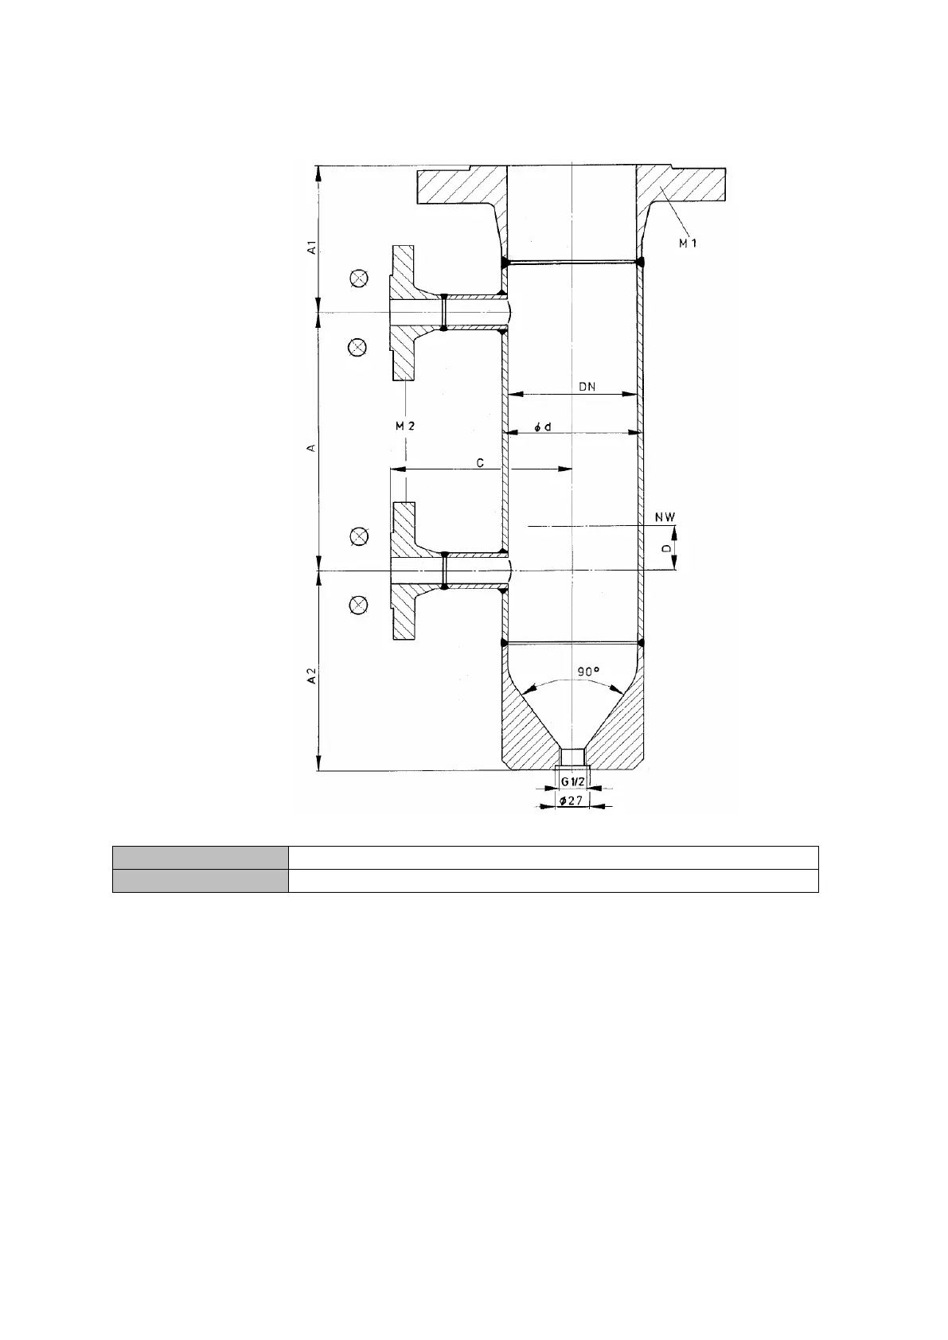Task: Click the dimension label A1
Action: point(311,247)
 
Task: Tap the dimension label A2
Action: point(311,676)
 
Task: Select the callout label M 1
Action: point(688,243)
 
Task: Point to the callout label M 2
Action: point(405,426)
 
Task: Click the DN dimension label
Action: point(587,387)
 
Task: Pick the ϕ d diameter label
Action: point(543,427)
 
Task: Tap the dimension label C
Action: point(480,463)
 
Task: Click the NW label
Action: point(665,517)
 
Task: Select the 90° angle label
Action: point(588,672)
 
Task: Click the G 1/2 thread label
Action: point(573,781)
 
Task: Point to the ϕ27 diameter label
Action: point(572,800)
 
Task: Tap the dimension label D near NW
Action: point(665,548)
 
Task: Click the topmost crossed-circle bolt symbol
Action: point(358,278)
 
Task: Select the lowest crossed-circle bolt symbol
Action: point(358,606)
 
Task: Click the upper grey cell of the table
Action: point(201,857)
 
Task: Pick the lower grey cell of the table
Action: point(201,881)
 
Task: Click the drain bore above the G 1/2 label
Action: point(573,757)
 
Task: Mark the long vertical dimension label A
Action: point(311,448)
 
